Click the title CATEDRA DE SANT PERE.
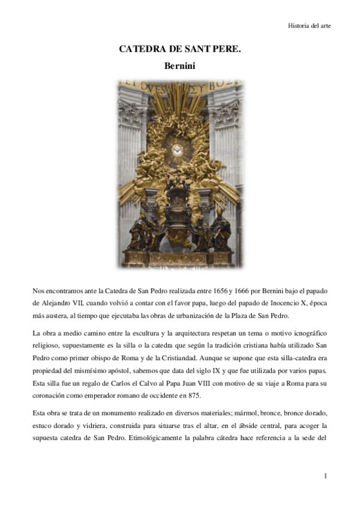tap(180, 50)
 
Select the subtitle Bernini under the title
tap(180, 67)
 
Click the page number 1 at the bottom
tap(325, 476)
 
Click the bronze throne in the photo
tap(179, 216)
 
